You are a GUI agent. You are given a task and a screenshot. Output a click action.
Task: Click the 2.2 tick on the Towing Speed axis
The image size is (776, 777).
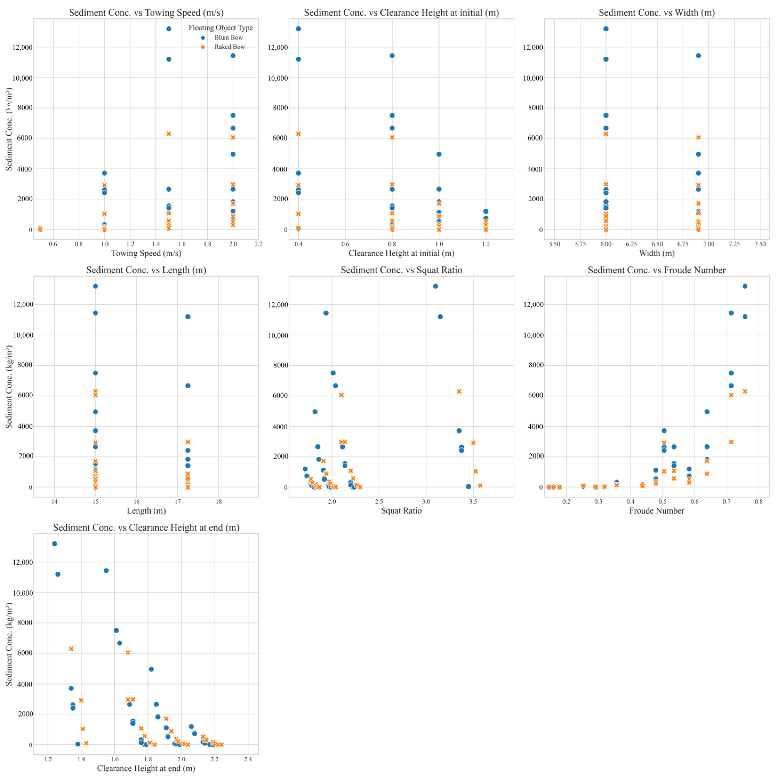tap(258, 244)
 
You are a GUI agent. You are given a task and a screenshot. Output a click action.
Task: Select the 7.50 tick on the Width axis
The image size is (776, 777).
tap(759, 244)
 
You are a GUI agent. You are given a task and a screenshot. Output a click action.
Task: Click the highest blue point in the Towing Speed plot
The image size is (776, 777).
tap(169, 29)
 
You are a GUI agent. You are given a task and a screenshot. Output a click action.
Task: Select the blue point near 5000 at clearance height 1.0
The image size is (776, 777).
tap(439, 154)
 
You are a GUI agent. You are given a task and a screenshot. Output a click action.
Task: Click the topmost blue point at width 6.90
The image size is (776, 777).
tap(698, 55)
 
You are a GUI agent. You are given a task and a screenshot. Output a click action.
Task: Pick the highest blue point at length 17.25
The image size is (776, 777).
tap(188, 317)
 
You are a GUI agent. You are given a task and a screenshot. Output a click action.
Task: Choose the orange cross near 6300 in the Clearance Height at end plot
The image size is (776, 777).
tap(71, 649)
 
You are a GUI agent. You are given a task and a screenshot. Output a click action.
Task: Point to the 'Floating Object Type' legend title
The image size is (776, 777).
tap(221, 28)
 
